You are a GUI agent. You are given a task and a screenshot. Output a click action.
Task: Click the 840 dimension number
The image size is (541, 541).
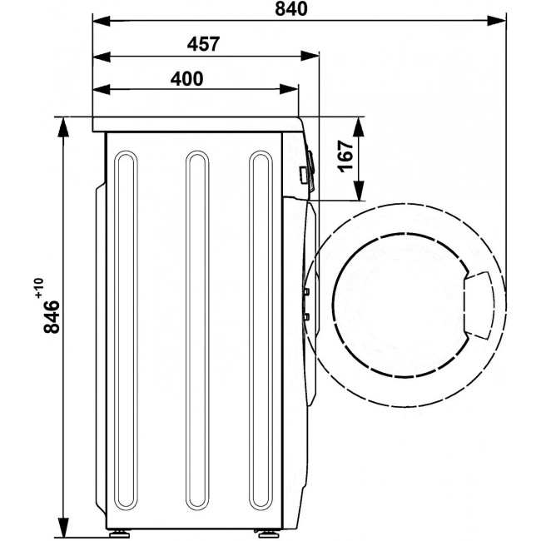[x=290, y=8]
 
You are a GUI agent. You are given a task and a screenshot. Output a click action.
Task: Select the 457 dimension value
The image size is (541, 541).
[x=203, y=44]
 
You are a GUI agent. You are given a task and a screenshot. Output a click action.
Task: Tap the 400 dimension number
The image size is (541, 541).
[x=186, y=79]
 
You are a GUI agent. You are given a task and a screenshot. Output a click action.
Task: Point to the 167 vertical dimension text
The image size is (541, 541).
[x=346, y=156]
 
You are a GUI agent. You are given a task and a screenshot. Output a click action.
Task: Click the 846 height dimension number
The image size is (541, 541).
[x=52, y=316]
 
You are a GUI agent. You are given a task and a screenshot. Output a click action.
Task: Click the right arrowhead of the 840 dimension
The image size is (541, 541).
[x=497, y=21]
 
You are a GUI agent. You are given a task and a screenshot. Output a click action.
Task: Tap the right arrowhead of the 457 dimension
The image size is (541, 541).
[x=309, y=57]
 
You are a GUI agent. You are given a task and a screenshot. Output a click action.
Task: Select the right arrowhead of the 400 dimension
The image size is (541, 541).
[x=289, y=89]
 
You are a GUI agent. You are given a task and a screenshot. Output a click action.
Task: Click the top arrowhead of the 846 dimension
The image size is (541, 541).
[x=63, y=127]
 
